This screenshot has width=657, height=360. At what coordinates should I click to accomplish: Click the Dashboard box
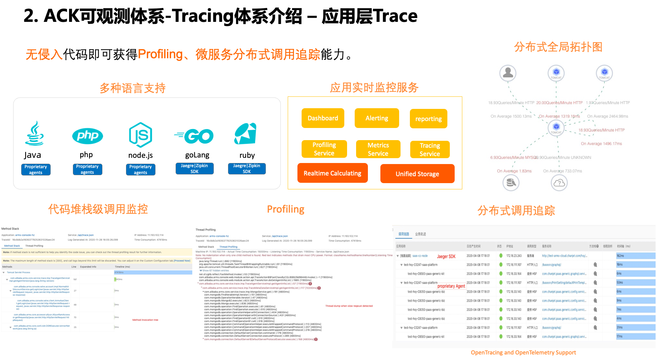323,118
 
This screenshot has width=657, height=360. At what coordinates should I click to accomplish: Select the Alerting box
377,118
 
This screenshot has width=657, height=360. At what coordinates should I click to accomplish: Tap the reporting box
428,119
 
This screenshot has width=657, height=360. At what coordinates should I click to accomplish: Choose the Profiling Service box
324,149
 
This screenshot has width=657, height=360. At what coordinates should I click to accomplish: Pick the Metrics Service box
378,149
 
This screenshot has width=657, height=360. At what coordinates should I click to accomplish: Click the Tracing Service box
430,150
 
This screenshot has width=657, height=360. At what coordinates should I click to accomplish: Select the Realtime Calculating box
332,173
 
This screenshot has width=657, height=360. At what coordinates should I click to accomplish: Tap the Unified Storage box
417,174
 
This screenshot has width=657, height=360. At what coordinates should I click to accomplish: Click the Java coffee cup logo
34,134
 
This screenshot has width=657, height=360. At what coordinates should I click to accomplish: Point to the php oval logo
87,136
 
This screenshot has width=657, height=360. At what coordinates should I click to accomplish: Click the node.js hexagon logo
141,135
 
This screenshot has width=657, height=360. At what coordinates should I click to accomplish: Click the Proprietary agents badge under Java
36,170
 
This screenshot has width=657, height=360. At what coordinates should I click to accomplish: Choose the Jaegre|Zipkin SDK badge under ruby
247,169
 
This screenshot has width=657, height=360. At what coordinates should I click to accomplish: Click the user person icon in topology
508,73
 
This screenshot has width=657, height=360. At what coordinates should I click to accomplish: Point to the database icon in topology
511,182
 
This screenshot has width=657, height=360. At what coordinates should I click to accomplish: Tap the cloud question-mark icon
559,183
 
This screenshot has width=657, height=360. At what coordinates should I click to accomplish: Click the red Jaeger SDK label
446,256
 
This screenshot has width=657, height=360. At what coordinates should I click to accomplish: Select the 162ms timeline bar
635,256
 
